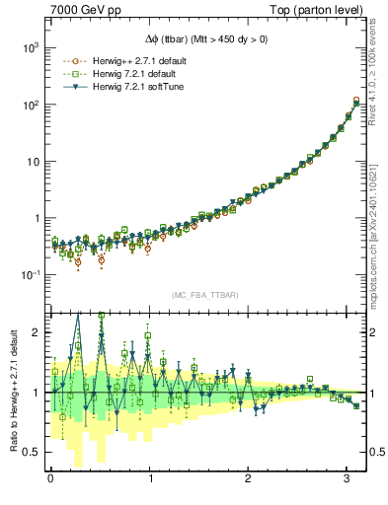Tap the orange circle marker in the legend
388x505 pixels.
(x=68, y=60)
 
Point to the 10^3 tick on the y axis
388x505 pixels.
(x=31, y=47)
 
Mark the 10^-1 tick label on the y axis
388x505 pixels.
(x=31, y=275)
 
